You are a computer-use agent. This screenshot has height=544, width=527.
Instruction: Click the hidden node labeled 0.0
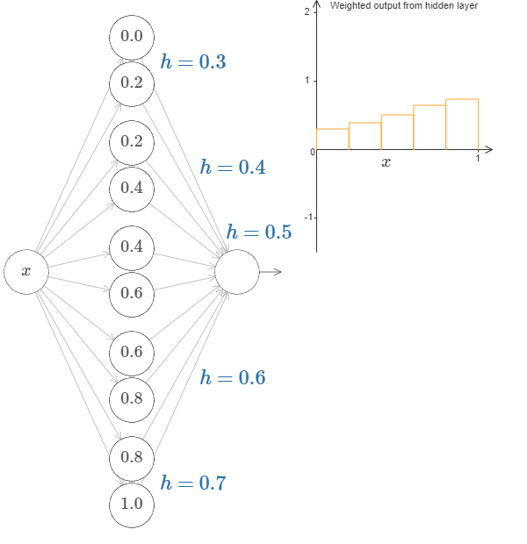[x=132, y=36]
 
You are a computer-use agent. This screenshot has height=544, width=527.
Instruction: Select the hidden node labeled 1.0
[x=132, y=505]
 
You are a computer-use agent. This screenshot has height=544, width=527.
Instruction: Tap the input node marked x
[x=26, y=272]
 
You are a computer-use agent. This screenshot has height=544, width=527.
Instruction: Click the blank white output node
[x=237, y=272]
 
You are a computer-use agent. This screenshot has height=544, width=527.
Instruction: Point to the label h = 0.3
[x=193, y=62]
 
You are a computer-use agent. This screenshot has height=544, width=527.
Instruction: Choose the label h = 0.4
[x=233, y=167]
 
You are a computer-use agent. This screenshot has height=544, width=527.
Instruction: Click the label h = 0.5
[x=259, y=233]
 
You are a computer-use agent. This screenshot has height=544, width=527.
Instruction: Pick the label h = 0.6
[x=233, y=377]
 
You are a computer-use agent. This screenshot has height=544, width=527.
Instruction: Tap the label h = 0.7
[x=193, y=483]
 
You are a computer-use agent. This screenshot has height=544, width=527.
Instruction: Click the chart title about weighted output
[x=403, y=5]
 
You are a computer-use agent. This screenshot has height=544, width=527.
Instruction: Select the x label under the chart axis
[x=386, y=163]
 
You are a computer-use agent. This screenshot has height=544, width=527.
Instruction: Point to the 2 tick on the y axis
[x=306, y=12]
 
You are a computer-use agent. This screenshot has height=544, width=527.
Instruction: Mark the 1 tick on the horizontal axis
[x=478, y=159]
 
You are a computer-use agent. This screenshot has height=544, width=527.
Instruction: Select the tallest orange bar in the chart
[x=462, y=125]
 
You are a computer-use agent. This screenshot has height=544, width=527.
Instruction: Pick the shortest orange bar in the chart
[x=333, y=140]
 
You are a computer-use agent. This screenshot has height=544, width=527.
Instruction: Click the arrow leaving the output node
[x=271, y=272]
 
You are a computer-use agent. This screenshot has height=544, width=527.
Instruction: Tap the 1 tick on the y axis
[x=306, y=81]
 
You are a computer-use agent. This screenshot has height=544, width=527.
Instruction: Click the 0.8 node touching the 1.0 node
[x=132, y=456]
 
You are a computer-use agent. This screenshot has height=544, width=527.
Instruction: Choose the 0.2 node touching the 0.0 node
[x=132, y=83]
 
